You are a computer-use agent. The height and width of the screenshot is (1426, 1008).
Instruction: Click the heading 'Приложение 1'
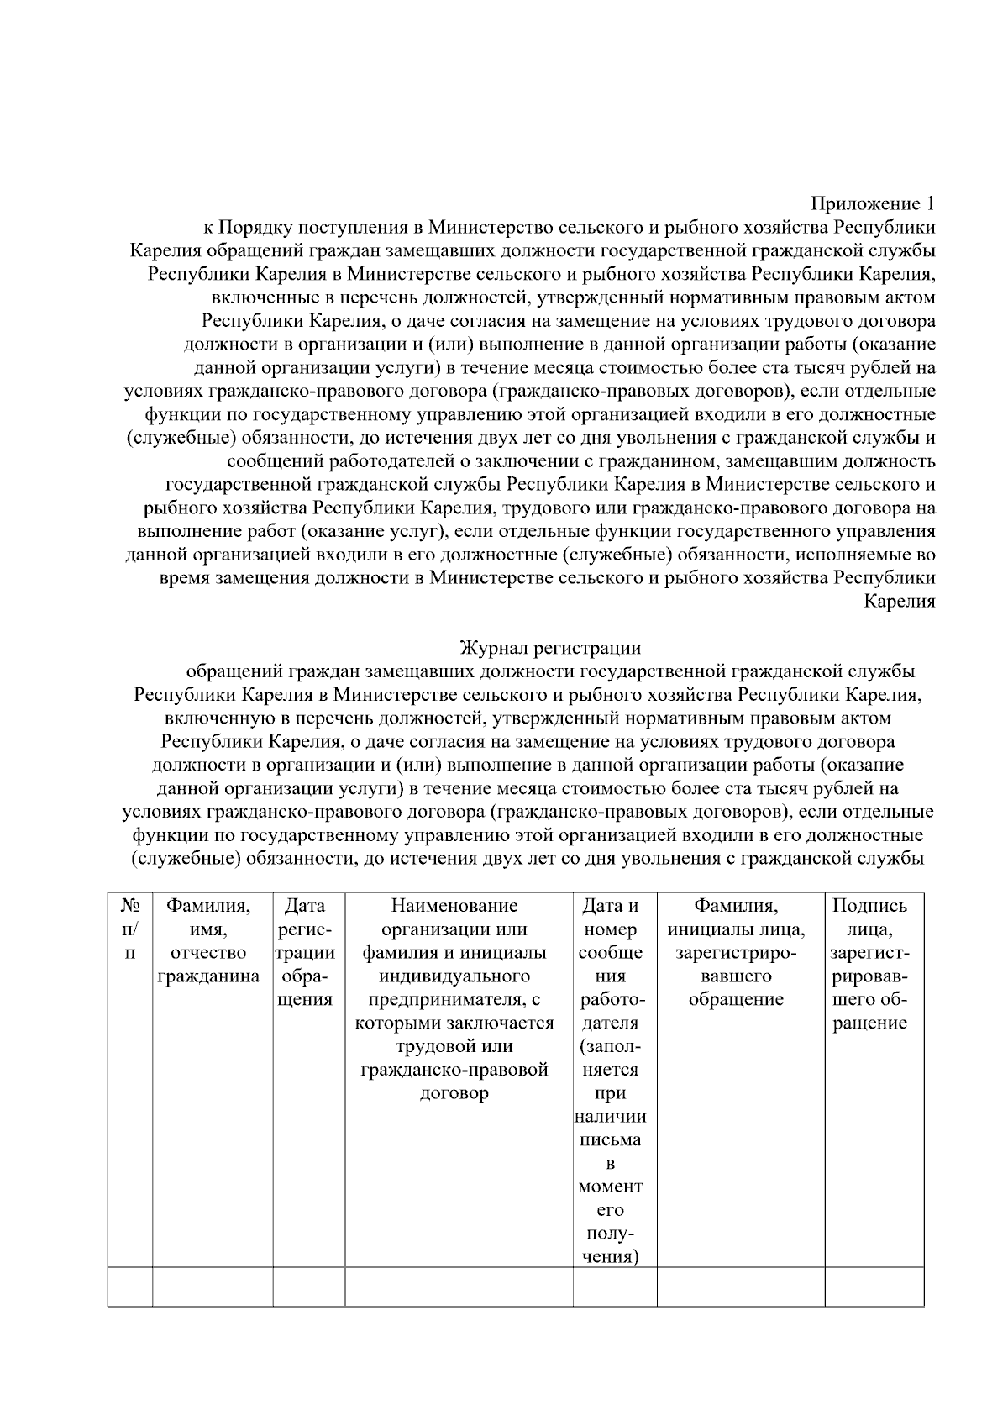tap(873, 204)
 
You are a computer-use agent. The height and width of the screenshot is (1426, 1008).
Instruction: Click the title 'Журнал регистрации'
tap(550, 648)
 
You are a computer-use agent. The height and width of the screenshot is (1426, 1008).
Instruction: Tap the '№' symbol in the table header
tap(129, 906)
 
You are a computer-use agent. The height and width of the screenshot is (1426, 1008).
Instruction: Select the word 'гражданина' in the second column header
tap(209, 976)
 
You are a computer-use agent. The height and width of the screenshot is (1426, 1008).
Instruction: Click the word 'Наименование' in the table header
tap(454, 906)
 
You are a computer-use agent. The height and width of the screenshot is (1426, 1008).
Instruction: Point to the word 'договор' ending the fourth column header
tap(454, 1094)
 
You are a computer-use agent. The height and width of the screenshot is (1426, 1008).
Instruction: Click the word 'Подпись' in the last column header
tap(869, 906)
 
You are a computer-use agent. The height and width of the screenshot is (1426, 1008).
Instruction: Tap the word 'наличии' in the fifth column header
tap(610, 1118)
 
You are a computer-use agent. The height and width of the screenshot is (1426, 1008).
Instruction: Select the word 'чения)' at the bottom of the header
tap(610, 1258)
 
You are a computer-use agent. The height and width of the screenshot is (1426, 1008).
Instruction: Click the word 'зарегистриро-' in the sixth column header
tap(736, 953)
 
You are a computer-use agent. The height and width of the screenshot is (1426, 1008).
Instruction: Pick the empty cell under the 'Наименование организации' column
tap(459, 1287)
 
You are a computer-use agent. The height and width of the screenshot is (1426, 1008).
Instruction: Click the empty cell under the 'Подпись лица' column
tap(874, 1287)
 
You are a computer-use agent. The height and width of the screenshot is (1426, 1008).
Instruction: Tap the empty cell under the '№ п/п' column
tap(130, 1287)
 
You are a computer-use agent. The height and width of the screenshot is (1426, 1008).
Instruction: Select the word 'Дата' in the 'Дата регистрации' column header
tap(305, 906)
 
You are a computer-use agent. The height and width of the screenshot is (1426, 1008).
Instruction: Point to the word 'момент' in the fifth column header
tap(610, 1187)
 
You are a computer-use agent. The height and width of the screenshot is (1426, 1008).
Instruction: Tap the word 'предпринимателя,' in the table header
tap(454, 1000)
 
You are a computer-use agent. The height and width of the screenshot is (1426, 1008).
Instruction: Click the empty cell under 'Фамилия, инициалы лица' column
tap(740, 1287)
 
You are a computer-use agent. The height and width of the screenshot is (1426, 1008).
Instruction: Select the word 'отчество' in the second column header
tap(208, 953)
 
